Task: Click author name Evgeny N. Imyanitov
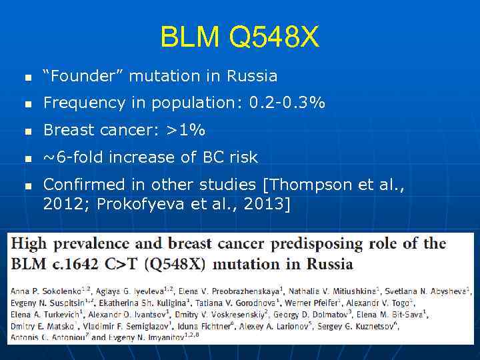(147, 337)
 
